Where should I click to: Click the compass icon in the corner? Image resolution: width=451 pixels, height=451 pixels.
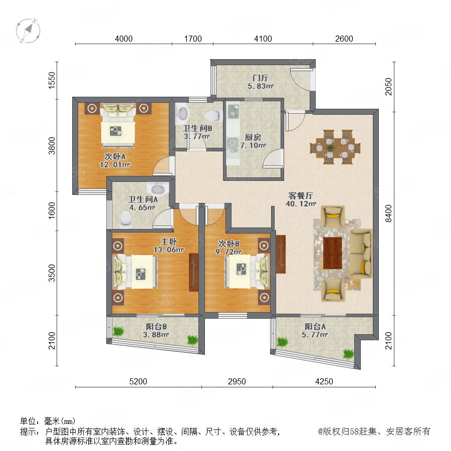(x=28, y=31)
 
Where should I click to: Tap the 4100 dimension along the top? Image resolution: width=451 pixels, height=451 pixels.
(x=263, y=39)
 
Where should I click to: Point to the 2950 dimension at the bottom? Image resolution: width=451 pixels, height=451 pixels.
(x=237, y=381)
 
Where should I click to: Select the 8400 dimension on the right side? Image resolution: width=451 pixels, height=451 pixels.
(x=388, y=213)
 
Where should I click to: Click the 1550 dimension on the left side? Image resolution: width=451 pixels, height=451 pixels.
(x=52, y=80)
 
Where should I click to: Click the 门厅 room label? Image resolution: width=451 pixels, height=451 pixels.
(x=260, y=78)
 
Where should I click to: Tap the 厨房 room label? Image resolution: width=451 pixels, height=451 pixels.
(x=253, y=137)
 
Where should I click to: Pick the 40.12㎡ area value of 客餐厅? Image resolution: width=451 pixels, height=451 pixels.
(x=301, y=203)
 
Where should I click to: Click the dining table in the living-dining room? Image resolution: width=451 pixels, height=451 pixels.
(x=335, y=147)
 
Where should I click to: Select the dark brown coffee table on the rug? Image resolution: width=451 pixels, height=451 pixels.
(x=333, y=253)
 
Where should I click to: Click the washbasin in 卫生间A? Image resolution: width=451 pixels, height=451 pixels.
(x=158, y=189)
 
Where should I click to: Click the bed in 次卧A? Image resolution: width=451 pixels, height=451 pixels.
(x=118, y=125)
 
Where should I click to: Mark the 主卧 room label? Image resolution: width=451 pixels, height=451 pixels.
(x=168, y=242)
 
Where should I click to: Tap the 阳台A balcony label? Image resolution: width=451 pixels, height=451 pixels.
(x=315, y=326)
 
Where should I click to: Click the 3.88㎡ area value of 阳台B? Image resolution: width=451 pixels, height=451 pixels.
(x=156, y=335)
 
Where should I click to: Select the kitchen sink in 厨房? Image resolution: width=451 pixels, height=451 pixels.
(x=233, y=144)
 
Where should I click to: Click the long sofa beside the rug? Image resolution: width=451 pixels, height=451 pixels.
(x=361, y=253)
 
